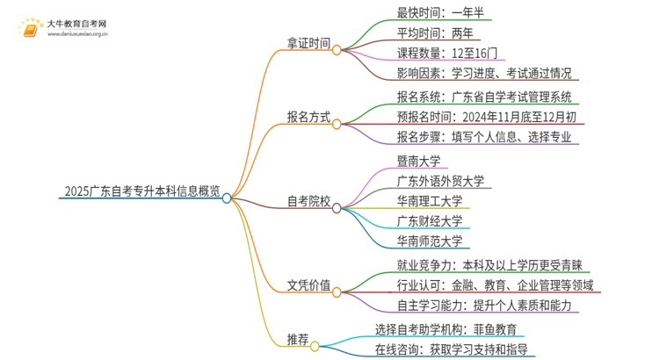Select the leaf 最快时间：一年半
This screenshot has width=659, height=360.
pyautogui.click(x=441, y=13)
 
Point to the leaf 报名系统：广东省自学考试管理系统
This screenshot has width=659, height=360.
pyautogui.click(x=484, y=97)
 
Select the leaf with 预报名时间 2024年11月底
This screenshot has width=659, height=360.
pyautogui.click(x=486, y=117)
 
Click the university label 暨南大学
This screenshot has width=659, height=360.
pyautogui.click(x=418, y=161)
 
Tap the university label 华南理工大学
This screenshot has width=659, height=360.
pyautogui.click(x=429, y=201)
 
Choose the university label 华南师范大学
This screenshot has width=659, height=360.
pyautogui.click(x=429, y=241)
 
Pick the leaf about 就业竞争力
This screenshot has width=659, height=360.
pyautogui.click(x=489, y=265)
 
